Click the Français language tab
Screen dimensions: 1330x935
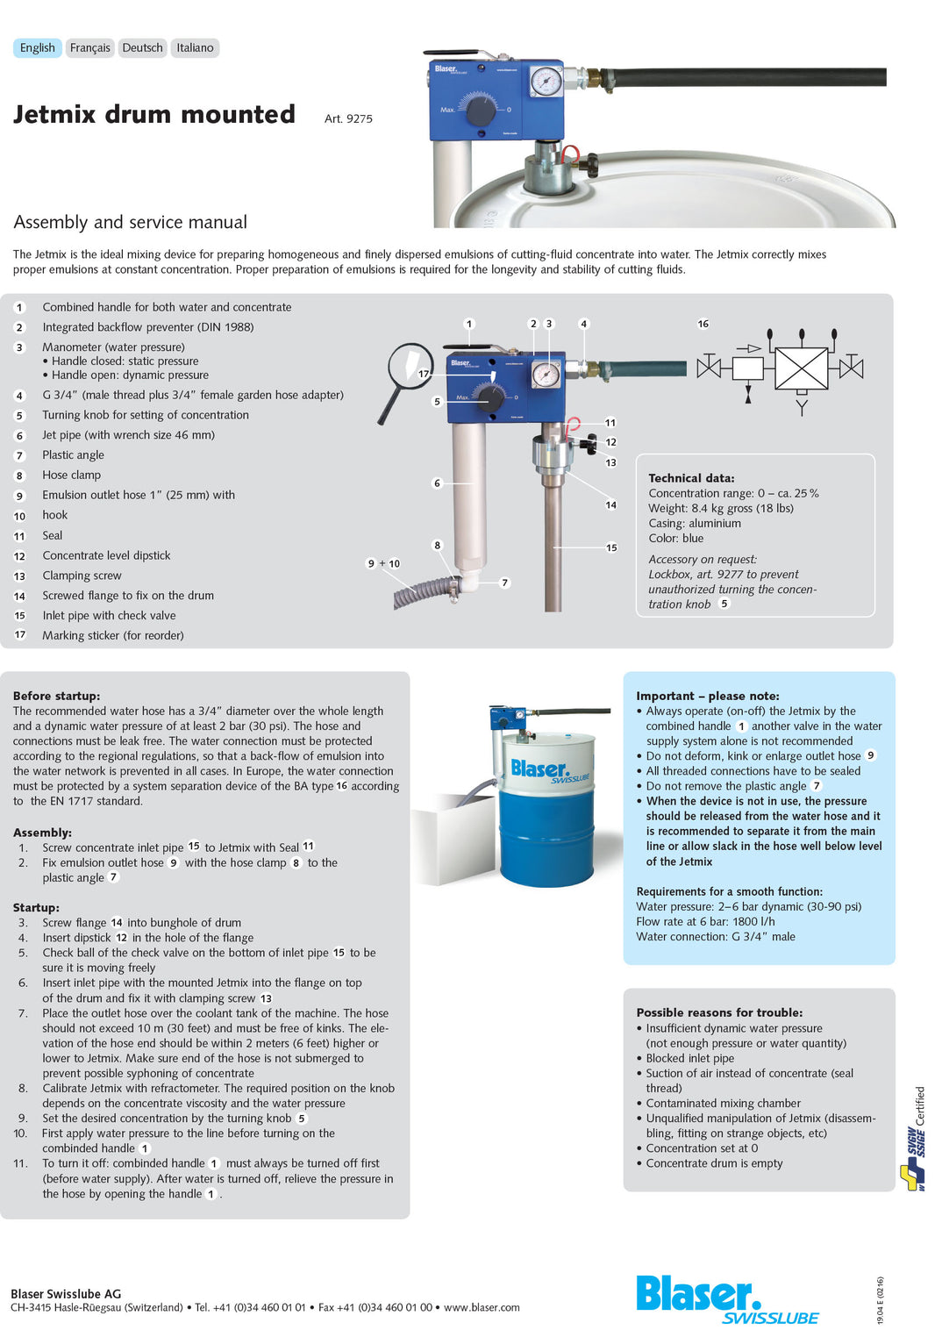point(89,48)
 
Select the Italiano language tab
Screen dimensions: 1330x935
point(194,48)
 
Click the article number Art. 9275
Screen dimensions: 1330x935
point(348,118)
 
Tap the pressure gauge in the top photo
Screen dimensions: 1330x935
point(546,82)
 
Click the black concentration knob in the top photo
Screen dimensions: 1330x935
point(480,111)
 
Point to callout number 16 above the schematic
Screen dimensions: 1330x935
point(703,324)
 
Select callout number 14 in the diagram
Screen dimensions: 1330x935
point(610,505)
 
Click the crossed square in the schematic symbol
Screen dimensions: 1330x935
point(801,368)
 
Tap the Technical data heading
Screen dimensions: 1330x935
point(691,478)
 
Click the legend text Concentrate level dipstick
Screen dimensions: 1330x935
point(106,555)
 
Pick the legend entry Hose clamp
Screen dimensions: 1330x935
point(71,475)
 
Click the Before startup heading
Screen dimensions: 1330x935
point(56,696)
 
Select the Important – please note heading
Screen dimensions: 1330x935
point(707,696)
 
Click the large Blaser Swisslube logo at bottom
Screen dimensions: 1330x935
point(726,1299)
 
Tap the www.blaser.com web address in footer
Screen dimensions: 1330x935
point(482,1307)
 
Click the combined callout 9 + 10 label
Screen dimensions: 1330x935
point(382,563)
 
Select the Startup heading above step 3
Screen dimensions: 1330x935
point(36,907)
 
